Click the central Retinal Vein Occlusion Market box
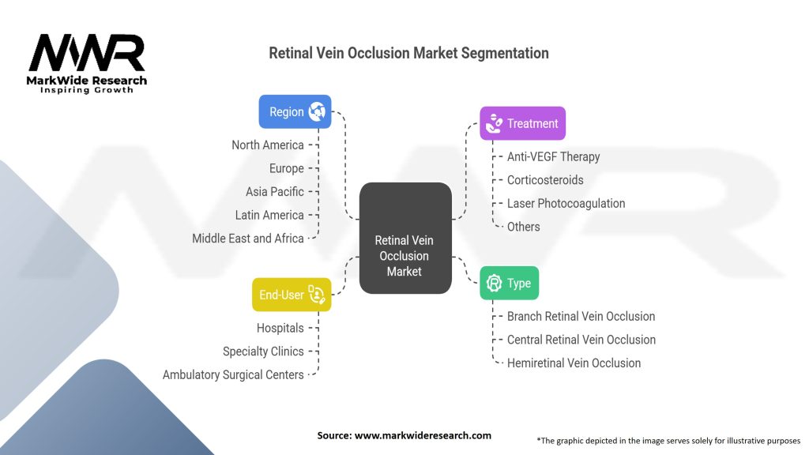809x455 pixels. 404,239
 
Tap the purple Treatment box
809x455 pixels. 522,123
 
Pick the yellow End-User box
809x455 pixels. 292,295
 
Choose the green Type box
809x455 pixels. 509,283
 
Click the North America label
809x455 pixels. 267,145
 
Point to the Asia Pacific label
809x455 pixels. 274,191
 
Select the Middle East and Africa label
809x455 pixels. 247,238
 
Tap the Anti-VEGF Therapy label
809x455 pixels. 553,156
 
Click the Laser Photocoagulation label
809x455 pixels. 566,203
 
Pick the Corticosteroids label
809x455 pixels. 545,179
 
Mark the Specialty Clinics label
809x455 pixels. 263,352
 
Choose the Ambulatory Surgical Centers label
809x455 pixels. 233,374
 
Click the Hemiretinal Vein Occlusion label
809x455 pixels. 574,363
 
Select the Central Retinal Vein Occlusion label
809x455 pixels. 581,340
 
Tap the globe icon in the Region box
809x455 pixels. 318,111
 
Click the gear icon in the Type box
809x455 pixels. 495,283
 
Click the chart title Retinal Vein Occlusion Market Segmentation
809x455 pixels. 408,53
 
